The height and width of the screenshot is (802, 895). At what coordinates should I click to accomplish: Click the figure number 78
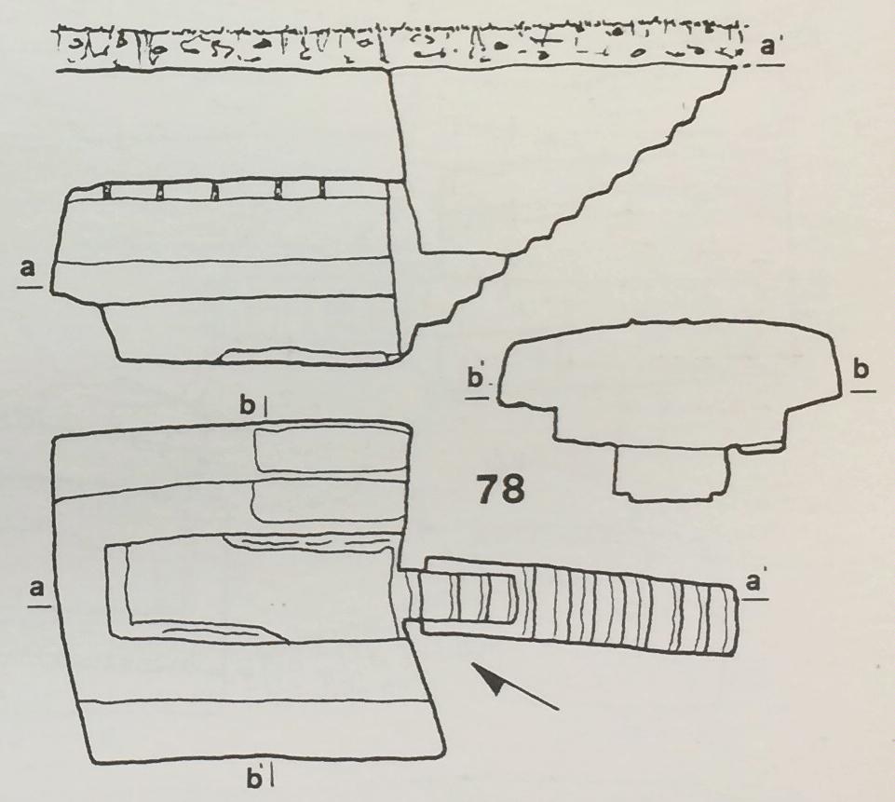click(x=500, y=489)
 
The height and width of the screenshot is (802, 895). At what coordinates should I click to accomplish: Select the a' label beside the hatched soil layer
click(x=769, y=46)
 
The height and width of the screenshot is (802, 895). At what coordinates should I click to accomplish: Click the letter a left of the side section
click(x=28, y=267)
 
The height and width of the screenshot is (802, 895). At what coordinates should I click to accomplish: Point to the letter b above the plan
click(x=247, y=406)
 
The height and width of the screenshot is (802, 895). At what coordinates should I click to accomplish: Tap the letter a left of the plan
click(x=37, y=588)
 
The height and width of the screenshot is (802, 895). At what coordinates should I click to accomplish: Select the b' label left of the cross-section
click(x=476, y=379)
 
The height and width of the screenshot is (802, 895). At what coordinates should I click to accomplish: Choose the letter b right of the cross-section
click(x=861, y=371)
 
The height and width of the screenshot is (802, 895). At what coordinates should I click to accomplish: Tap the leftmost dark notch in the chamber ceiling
click(x=106, y=191)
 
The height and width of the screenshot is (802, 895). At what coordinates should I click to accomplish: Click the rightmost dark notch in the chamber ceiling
click(x=321, y=190)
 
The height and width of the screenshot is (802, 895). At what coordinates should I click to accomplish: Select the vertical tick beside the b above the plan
click(x=266, y=407)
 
